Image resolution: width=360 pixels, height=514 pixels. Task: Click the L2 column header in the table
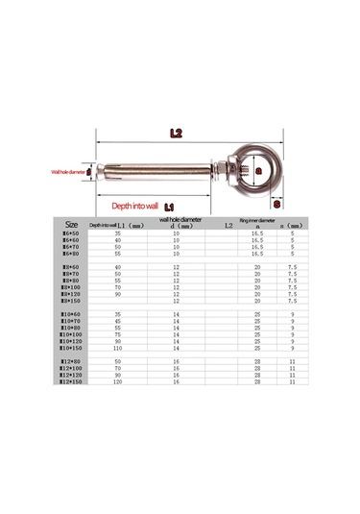point(228,225)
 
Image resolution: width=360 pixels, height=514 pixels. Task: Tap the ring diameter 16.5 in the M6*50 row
point(256,233)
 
